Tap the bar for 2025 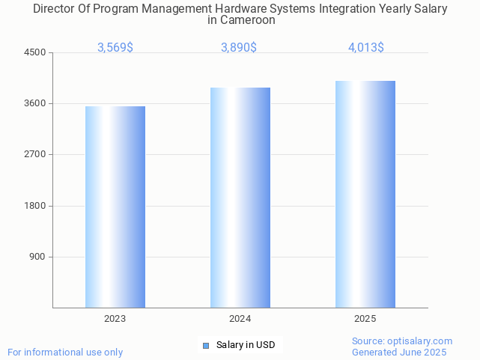coord(365,194)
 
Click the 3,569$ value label coord(115,47)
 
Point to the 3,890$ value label coord(239,47)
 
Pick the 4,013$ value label coord(365,47)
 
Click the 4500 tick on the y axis coord(36,52)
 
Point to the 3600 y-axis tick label coord(36,103)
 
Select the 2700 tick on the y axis coord(36,154)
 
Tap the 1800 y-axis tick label coord(36,206)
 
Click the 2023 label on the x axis coord(115,318)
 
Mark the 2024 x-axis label coord(240,318)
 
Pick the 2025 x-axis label coord(365,318)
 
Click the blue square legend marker coord(206,345)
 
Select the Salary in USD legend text coord(246,345)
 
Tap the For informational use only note coord(65,352)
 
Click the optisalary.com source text coord(402,341)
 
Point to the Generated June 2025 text coord(399,352)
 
